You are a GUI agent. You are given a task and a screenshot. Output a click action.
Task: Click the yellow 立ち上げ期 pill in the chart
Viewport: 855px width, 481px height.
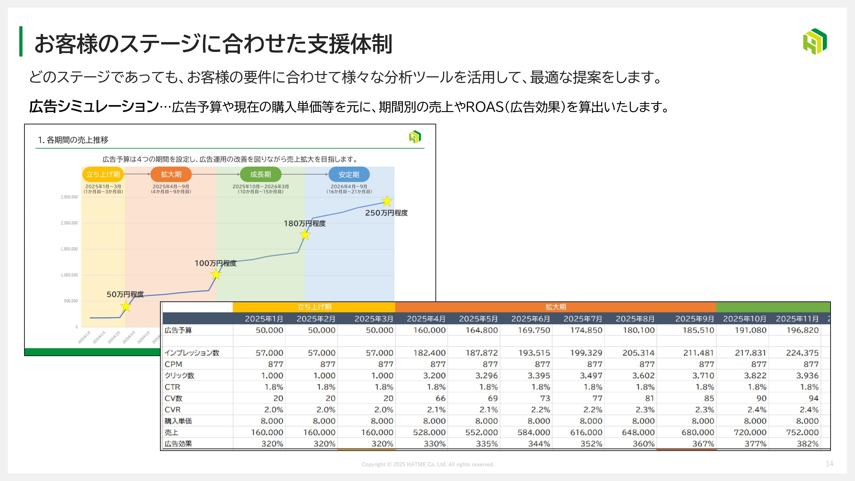[x=103, y=174]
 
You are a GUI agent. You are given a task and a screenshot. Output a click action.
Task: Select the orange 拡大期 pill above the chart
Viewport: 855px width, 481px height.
[x=171, y=174]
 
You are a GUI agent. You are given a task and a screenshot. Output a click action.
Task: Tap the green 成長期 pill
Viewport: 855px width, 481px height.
[x=261, y=174]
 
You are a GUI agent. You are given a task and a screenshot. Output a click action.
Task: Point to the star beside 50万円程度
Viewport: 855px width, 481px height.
[x=125, y=306]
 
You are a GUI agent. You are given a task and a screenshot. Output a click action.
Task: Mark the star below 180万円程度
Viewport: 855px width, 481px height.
[x=305, y=235]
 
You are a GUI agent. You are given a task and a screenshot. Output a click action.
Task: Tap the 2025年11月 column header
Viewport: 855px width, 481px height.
[x=797, y=319]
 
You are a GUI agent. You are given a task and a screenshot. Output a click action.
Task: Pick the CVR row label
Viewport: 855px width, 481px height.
[x=172, y=410]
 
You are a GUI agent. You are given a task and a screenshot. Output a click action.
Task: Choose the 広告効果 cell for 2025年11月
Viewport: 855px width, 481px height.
[x=808, y=444]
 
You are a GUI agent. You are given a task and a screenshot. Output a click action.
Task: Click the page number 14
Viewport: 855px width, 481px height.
[x=829, y=463]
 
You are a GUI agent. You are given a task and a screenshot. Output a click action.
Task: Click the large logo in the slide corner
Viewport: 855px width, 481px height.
[x=815, y=41]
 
